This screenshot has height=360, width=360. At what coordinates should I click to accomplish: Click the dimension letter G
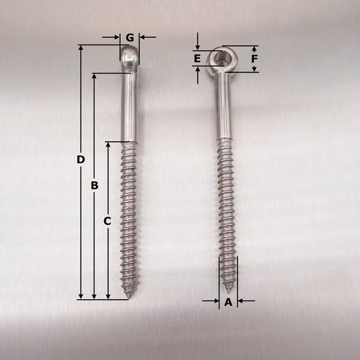(x=130, y=37)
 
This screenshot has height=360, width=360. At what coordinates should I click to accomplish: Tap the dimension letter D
(x=80, y=159)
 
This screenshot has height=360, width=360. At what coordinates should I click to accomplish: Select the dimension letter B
(x=95, y=185)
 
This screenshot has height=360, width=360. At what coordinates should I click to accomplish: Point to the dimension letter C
(x=107, y=221)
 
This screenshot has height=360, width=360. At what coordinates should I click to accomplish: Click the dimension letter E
(x=197, y=59)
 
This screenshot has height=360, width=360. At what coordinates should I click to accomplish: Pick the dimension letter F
(x=254, y=59)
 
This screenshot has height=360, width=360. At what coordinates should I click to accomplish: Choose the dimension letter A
(x=228, y=302)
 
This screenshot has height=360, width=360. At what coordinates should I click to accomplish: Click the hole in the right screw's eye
(x=220, y=59)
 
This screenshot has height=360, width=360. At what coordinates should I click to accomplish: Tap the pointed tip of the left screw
(x=129, y=298)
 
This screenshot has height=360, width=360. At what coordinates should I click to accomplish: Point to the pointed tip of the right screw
(x=228, y=292)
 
